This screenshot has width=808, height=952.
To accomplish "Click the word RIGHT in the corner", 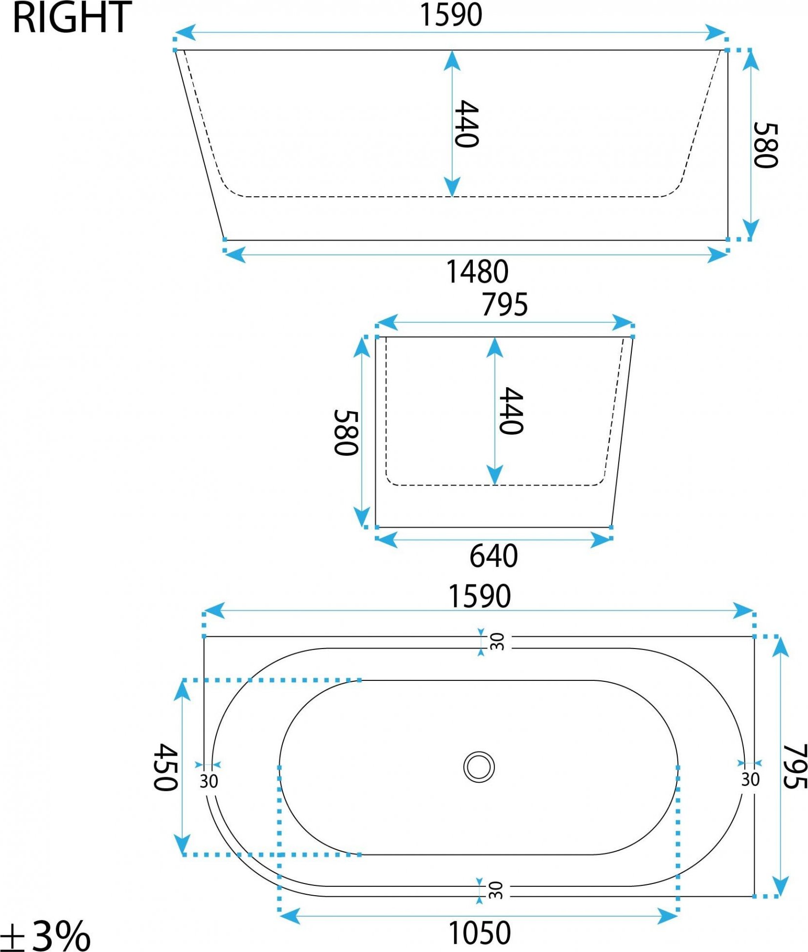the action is click(x=72, y=18).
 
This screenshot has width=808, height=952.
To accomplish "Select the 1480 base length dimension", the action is click(x=477, y=272).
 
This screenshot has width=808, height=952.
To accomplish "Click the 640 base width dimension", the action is click(x=493, y=556).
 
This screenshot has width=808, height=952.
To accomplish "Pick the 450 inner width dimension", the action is click(x=165, y=767).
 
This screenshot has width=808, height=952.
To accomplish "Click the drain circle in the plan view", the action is click(x=479, y=766).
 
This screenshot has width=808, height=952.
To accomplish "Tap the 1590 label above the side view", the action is click(x=451, y=15).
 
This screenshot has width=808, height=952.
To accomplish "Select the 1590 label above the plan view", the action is click(x=480, y=596).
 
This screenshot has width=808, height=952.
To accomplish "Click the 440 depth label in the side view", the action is click(x=466, y=124).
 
